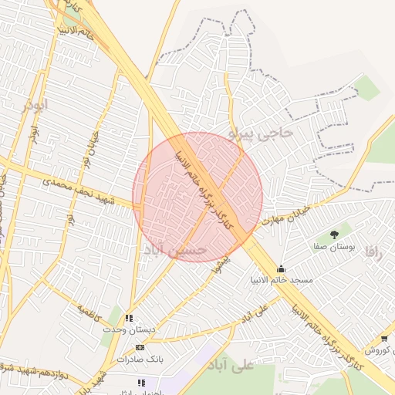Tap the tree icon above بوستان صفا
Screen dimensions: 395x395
[x=334, y=234]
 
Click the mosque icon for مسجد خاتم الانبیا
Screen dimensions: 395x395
[x=280, y=268]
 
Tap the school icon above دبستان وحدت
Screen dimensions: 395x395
[x=129, y=317]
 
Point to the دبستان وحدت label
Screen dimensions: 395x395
[x=129, y=329]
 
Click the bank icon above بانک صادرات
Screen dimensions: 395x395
[x=140, y=347]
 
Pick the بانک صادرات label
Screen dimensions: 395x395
[x=140, y=360]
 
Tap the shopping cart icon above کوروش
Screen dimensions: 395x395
[x=384, y=339]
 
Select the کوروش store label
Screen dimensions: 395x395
[x=381, y=350]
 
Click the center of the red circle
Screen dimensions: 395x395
[x=197, y=197]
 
